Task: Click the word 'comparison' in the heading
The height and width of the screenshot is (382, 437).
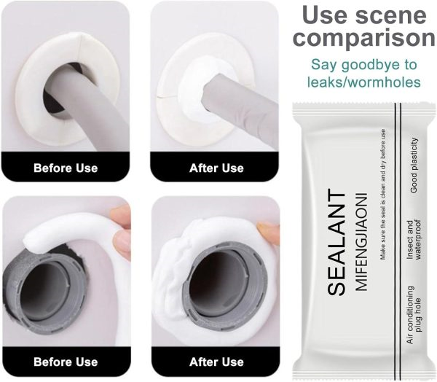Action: [363, 38]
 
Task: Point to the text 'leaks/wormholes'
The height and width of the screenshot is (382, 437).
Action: [363, 82]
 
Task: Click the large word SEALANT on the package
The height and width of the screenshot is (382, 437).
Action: [336, 243]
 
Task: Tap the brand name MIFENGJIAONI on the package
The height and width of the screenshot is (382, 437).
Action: [361, 241]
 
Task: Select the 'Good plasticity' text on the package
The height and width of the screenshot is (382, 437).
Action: [414, 165]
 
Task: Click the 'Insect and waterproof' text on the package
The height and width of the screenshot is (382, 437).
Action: [414, 240]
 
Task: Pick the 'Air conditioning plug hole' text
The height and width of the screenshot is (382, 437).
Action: [414, 315]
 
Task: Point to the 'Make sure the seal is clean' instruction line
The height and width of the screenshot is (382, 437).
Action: [383, 195]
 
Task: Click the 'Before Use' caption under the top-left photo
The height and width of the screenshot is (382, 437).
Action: [66, 168]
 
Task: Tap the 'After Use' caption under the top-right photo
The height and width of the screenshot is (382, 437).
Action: [216, 168]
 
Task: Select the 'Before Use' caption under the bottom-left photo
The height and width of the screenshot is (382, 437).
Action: [66, 362]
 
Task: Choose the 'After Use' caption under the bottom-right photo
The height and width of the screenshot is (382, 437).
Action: [216, 362]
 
